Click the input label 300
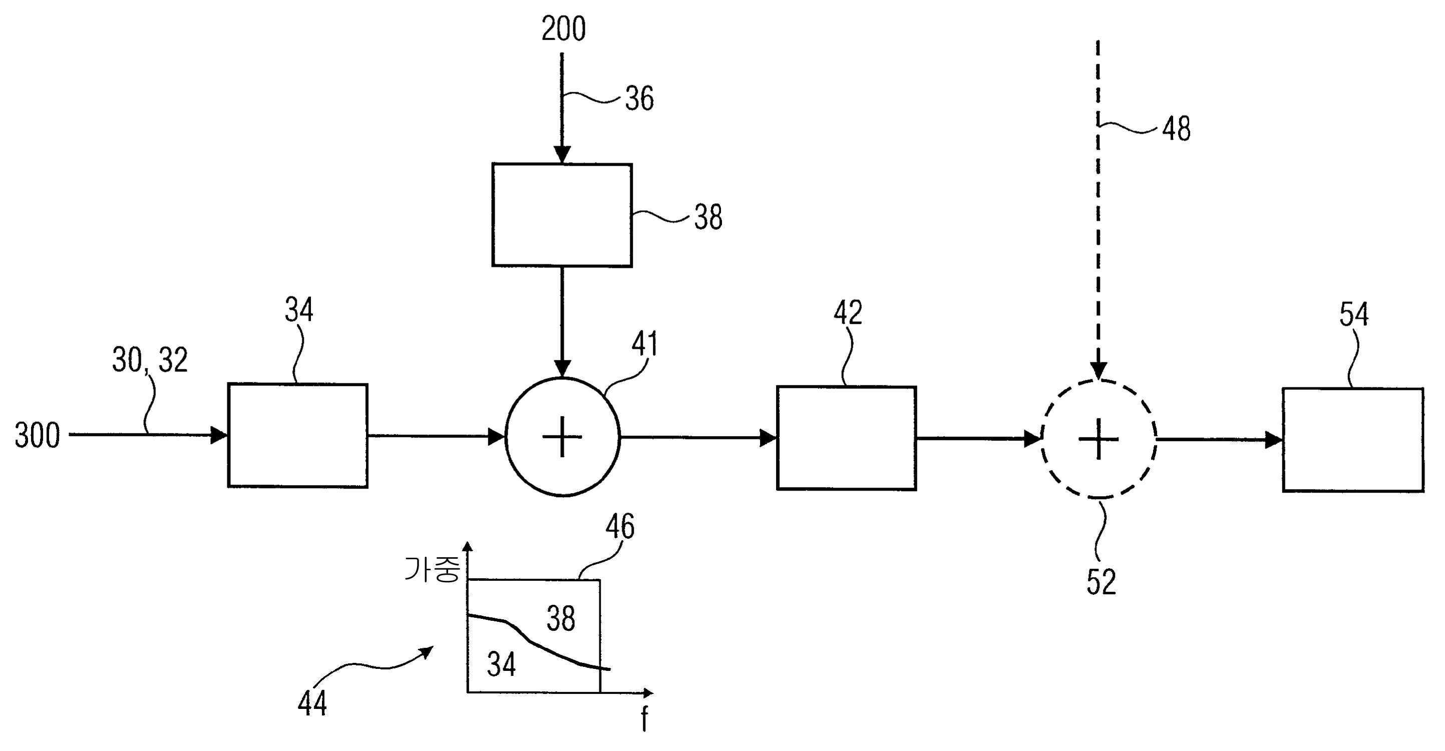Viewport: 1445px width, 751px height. pos(37,436)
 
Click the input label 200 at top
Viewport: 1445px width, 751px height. pos(563,29)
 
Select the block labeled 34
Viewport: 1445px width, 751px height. pos(297,435)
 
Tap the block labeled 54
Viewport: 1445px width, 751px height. pos(1352,440)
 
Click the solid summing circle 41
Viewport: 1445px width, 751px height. pos(563,437)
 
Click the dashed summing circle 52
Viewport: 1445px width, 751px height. pos(1099,439)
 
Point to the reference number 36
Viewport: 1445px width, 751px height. pos(639,99)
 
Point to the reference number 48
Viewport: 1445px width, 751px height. pos(1176,129)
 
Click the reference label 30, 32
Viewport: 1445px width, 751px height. pos(150,360)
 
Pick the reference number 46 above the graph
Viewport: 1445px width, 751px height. pos(620,527)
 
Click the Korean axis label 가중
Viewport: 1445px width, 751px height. pos(432,570)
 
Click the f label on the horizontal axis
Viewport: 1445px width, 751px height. pos(644,719)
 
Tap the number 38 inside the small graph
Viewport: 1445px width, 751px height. pos(561,619)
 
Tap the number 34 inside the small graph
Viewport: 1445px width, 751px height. pos(501,664)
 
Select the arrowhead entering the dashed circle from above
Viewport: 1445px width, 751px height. pos(1099,370)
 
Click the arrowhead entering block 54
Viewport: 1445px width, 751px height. pos(1274,440)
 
